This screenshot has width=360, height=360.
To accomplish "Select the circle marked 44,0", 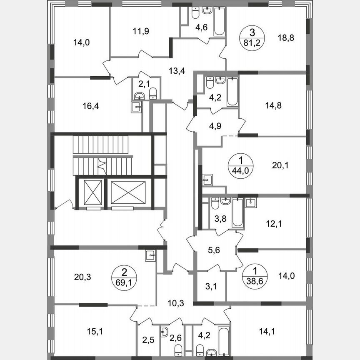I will pos(240,165).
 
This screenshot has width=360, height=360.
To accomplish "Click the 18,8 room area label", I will pos(286,38).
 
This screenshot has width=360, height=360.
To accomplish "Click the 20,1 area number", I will pos(280,165).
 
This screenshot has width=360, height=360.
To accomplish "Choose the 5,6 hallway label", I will pos(214,250).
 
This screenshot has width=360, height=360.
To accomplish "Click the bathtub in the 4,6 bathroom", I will pos(219,22).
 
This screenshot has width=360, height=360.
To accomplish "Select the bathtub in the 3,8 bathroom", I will pos(237,212).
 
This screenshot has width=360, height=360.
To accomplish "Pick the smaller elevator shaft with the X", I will pos(92,192).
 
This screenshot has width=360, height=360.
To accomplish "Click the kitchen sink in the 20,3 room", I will pos(151,255).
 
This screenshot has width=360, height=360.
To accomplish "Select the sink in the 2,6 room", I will pos(165,332).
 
